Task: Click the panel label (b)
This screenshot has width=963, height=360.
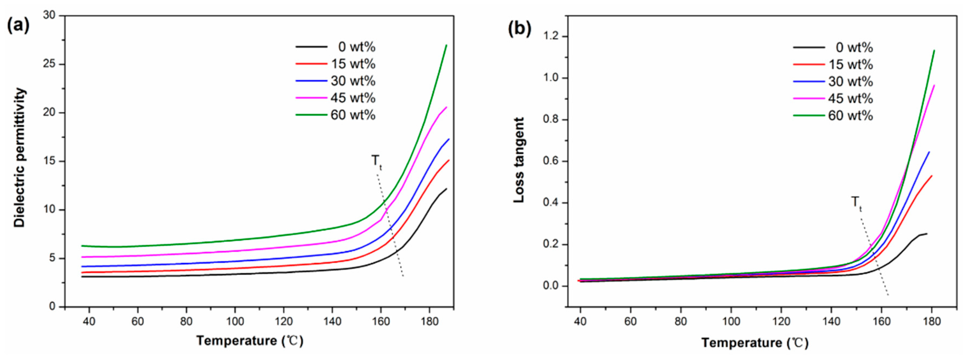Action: click(519, 29)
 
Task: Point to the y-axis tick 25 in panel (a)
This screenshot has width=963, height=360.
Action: click(49, 64)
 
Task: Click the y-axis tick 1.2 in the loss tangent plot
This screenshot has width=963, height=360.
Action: click(551, 36)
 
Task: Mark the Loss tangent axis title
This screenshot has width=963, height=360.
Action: click(519, 160)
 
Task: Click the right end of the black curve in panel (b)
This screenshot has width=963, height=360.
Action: click(927, 234)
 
